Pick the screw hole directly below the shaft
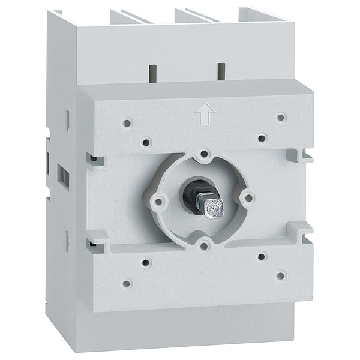point(205,244)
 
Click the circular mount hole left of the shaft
point(159,202)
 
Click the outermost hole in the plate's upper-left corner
point(127,123)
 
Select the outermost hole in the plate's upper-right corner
point(281,117)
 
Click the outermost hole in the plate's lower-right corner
point(280,275)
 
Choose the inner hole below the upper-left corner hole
point(146,143)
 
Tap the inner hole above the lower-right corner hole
point(262,256)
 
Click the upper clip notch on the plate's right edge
point(300,155)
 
